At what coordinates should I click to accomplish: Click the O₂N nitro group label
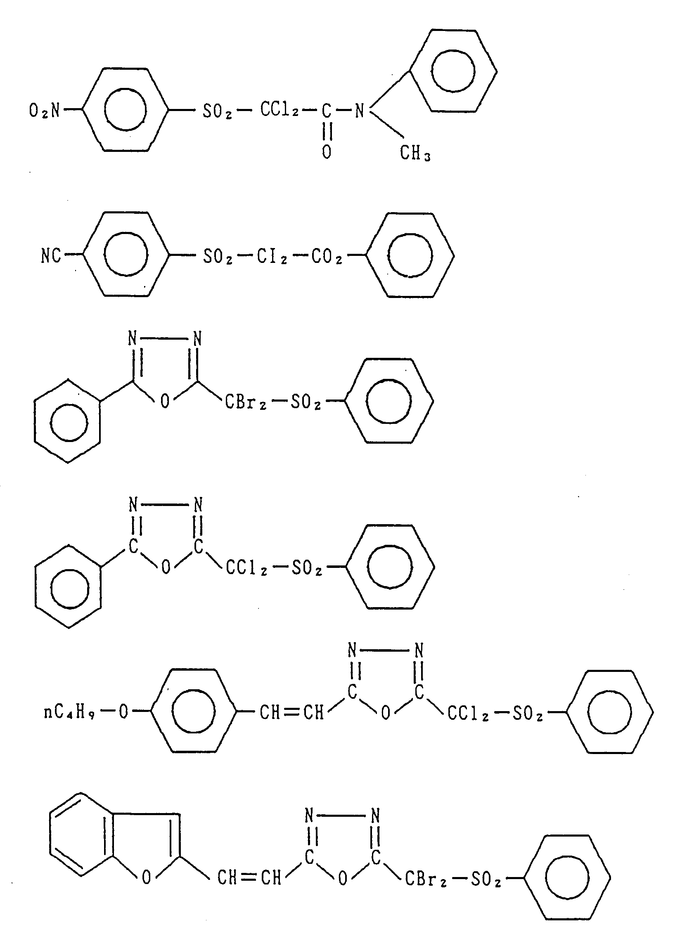44,111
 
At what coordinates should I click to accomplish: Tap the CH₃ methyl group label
415,154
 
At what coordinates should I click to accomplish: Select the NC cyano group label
51,256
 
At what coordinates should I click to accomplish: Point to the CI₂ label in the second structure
272,257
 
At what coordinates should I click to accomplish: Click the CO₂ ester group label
327,257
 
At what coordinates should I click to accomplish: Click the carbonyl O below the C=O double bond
327,152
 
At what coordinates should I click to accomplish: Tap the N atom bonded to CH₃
359,111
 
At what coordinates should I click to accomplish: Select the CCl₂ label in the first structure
280,110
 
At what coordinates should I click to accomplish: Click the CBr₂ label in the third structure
245,402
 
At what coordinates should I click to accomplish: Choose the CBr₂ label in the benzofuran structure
426,880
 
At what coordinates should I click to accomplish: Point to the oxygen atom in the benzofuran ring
146,878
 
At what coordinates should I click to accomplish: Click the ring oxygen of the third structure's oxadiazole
165,402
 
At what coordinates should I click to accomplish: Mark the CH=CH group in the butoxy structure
291,713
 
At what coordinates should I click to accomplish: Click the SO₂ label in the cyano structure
217,257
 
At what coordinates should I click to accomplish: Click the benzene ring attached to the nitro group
125,110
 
